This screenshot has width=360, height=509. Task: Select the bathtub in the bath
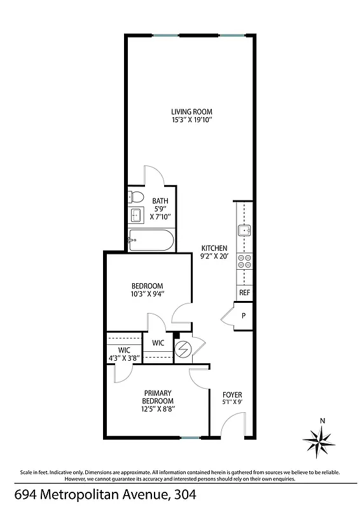coord(149,241)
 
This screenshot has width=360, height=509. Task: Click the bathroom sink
coord(135,214)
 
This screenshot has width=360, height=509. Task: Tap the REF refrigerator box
coord(244,293)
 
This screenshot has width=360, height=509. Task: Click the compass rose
coord(322,441)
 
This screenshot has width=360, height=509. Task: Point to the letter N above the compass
coord(322,421)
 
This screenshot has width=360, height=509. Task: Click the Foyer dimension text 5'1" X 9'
coord(232,402)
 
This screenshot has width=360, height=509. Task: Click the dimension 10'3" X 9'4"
coord(148,293)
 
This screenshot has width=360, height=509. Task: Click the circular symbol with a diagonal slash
coord(182,349)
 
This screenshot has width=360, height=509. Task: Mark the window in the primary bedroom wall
coord(188,437)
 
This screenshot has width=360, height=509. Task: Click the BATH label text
coord(160,201)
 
